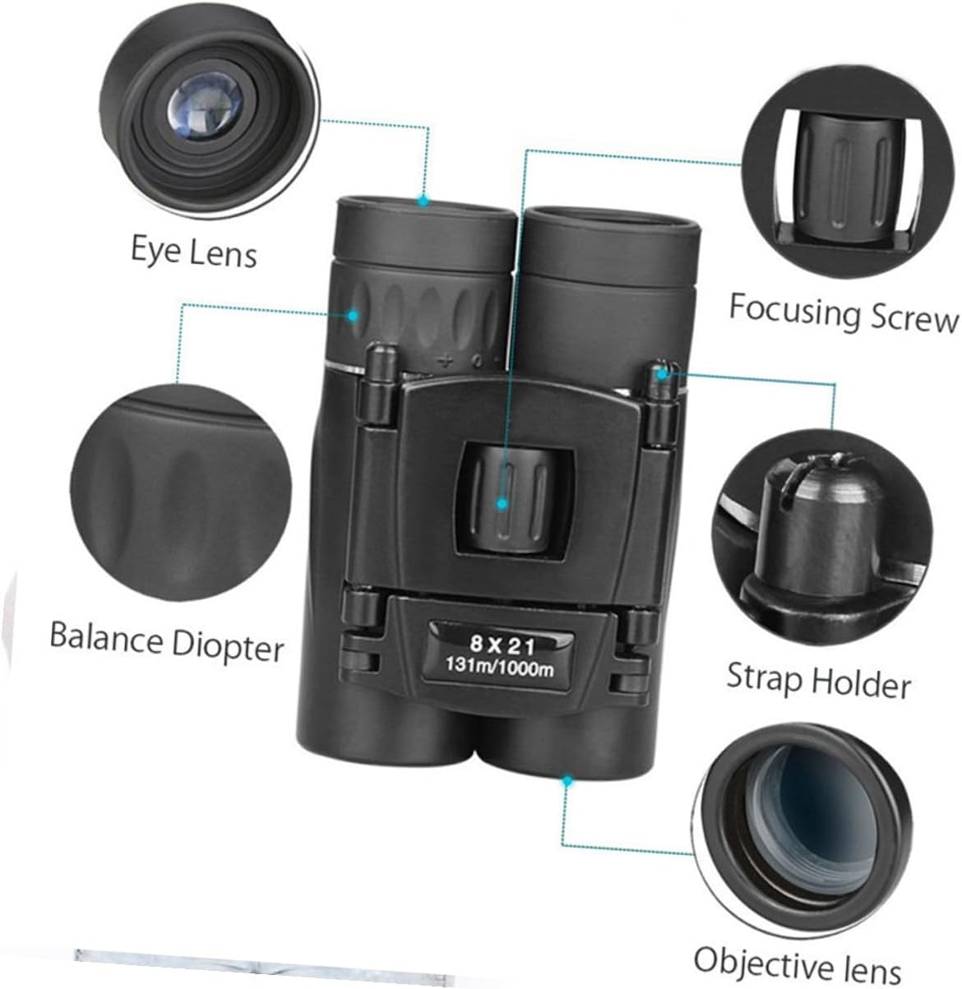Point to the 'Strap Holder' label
819,681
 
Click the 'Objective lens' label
798,960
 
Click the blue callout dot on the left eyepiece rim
424,199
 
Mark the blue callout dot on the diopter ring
354,315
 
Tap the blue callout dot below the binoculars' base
567,778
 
